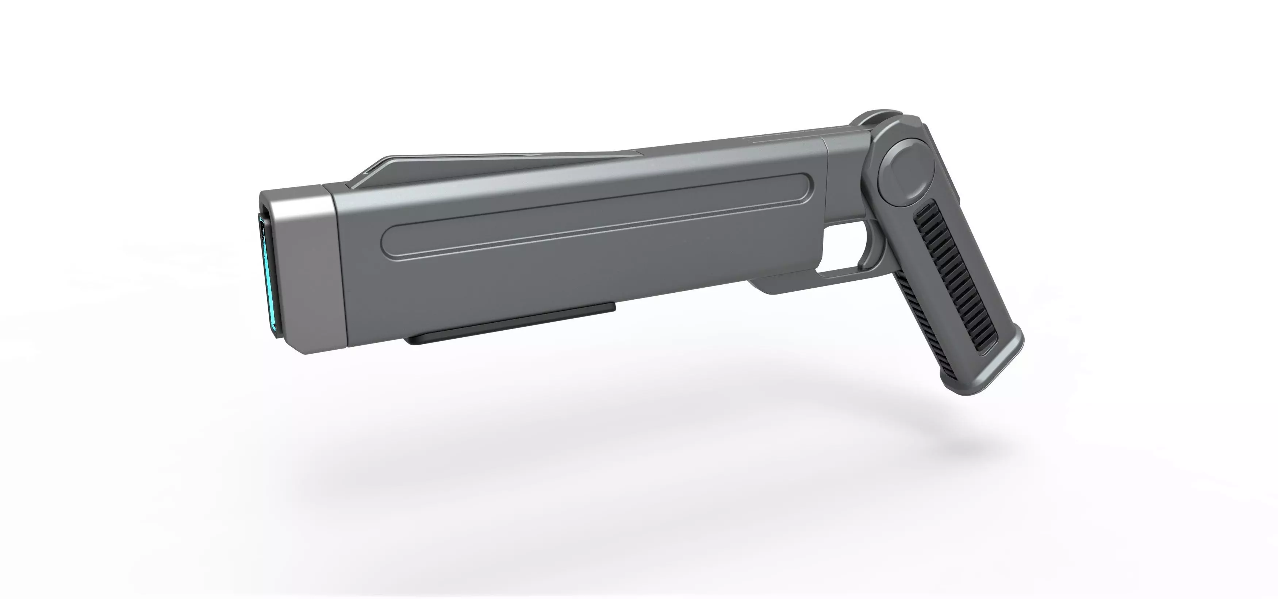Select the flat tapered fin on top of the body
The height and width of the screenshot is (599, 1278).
pyautogui.click(x=496, y=171)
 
